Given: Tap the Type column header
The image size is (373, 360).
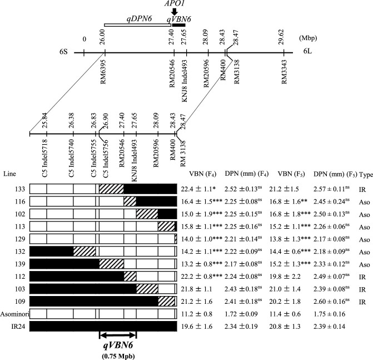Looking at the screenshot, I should point(366,174).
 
